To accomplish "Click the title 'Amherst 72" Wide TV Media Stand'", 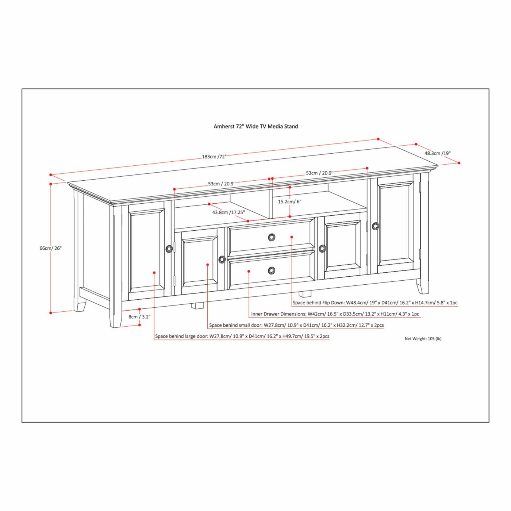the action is pos(255,127).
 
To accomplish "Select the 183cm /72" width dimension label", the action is pos(214,157).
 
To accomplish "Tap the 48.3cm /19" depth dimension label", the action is pos(437,153).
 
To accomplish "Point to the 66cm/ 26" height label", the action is pos(50,248).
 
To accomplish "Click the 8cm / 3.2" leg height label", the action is pos(139,316).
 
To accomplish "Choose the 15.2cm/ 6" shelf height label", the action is pos(289,202).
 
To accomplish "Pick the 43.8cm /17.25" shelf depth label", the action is pos(228,212).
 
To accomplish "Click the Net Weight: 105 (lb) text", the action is pos(423,339).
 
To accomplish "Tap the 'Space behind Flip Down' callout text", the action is pos(375,303).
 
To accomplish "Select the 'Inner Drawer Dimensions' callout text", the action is pos(335,314).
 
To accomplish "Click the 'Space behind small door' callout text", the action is pos(296,325).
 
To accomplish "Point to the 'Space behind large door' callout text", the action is pos(242,336).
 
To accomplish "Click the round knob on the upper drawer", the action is pos(272,237).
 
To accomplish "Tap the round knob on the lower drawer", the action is pos(272,270).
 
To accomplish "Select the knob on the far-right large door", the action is pos(375,226).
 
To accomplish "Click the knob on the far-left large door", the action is pos(169,249).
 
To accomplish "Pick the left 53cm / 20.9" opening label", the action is pos(222,184).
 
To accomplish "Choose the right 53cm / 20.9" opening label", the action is pos(319,173).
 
